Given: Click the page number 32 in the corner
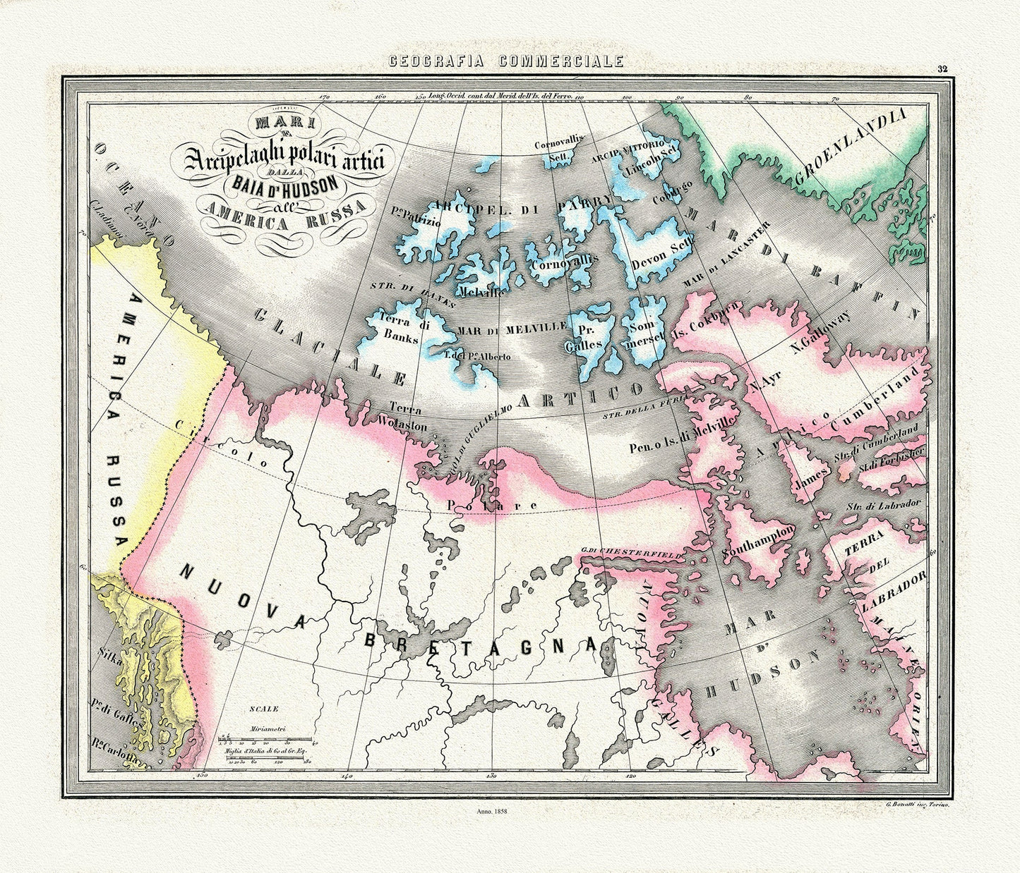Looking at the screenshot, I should coord(942,69).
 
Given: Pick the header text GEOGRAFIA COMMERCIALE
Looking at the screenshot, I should coord(507,62).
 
